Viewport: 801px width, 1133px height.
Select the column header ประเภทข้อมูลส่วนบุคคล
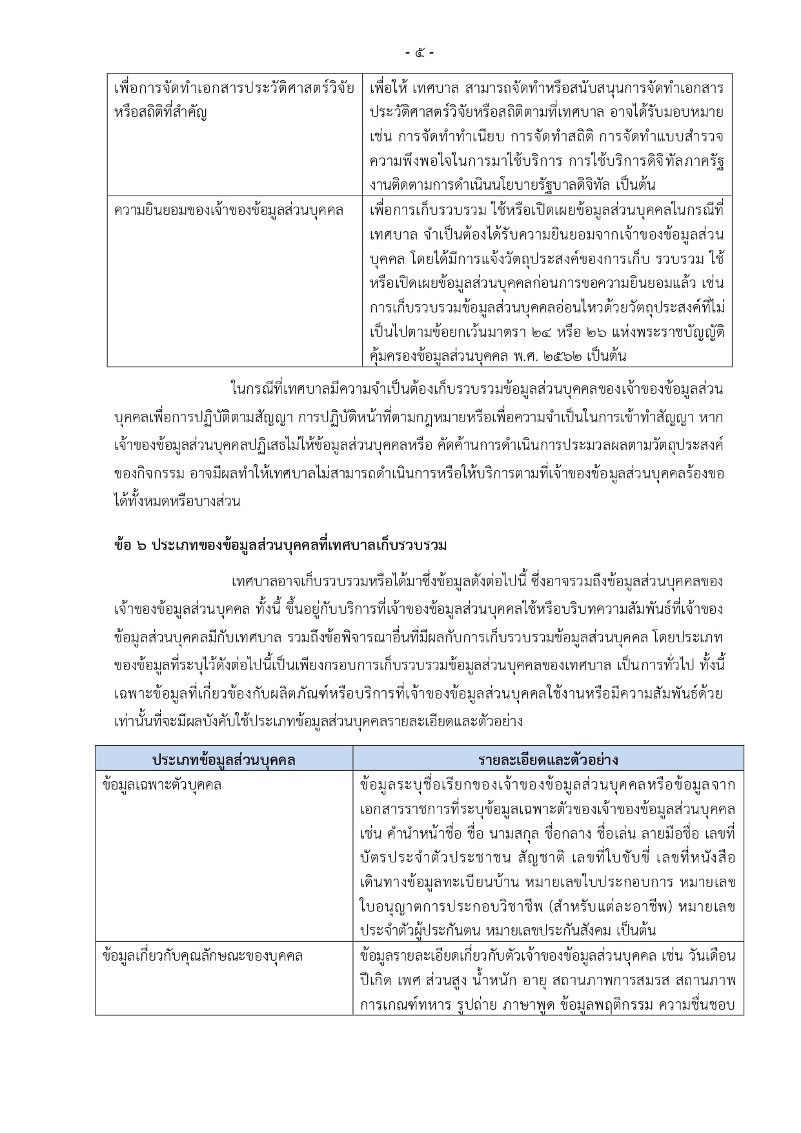click(x=223, y=759)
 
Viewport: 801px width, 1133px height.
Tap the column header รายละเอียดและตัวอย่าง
click(x=548, y=759)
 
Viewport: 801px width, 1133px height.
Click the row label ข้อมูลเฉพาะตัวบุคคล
click(x=162, y=785)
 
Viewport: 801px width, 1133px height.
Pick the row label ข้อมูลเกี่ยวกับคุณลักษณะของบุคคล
click(x=203, y=955)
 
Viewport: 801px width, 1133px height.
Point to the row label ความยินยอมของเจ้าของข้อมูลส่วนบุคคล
click(x=228, y=210)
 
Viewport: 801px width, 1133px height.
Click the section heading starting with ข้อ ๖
click(x=280, y=546)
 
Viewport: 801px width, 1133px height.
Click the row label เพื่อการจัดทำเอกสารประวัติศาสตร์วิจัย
click(x=234, y=88)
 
